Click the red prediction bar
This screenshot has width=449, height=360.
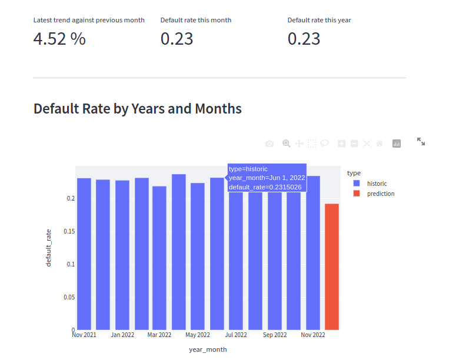[x=332, y=266]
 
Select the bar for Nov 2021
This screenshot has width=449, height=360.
[x=84, y=254]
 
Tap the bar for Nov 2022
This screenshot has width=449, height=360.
[x=313, y=252]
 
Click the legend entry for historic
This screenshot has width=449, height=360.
[x=377, y=184]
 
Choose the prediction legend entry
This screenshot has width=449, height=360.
[x=380, y=194]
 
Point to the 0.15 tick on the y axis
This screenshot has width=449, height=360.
[x=69, y=231]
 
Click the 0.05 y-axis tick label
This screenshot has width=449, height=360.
[x=69, y=297]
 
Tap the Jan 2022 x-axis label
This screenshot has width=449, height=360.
[x=122, y=335]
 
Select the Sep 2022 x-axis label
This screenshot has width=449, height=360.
[x=275, y=335]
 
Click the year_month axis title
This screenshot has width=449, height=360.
[x=208, y=349]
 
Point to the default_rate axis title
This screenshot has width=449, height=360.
[x=49, y=248]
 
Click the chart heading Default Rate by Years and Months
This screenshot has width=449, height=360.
[x=138, y=109]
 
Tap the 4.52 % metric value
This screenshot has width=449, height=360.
[x=59, y=39]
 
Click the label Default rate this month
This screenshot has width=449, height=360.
[x=196, y=20]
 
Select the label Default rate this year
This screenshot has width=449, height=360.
[x=320, y=20]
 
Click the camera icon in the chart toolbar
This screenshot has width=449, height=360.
[x=270, y=144]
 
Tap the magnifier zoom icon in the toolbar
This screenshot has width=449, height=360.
[x=287, y=144]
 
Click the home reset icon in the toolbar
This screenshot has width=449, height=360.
[x=380, y=144]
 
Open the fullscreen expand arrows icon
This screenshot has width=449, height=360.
[x=421, y=142]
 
